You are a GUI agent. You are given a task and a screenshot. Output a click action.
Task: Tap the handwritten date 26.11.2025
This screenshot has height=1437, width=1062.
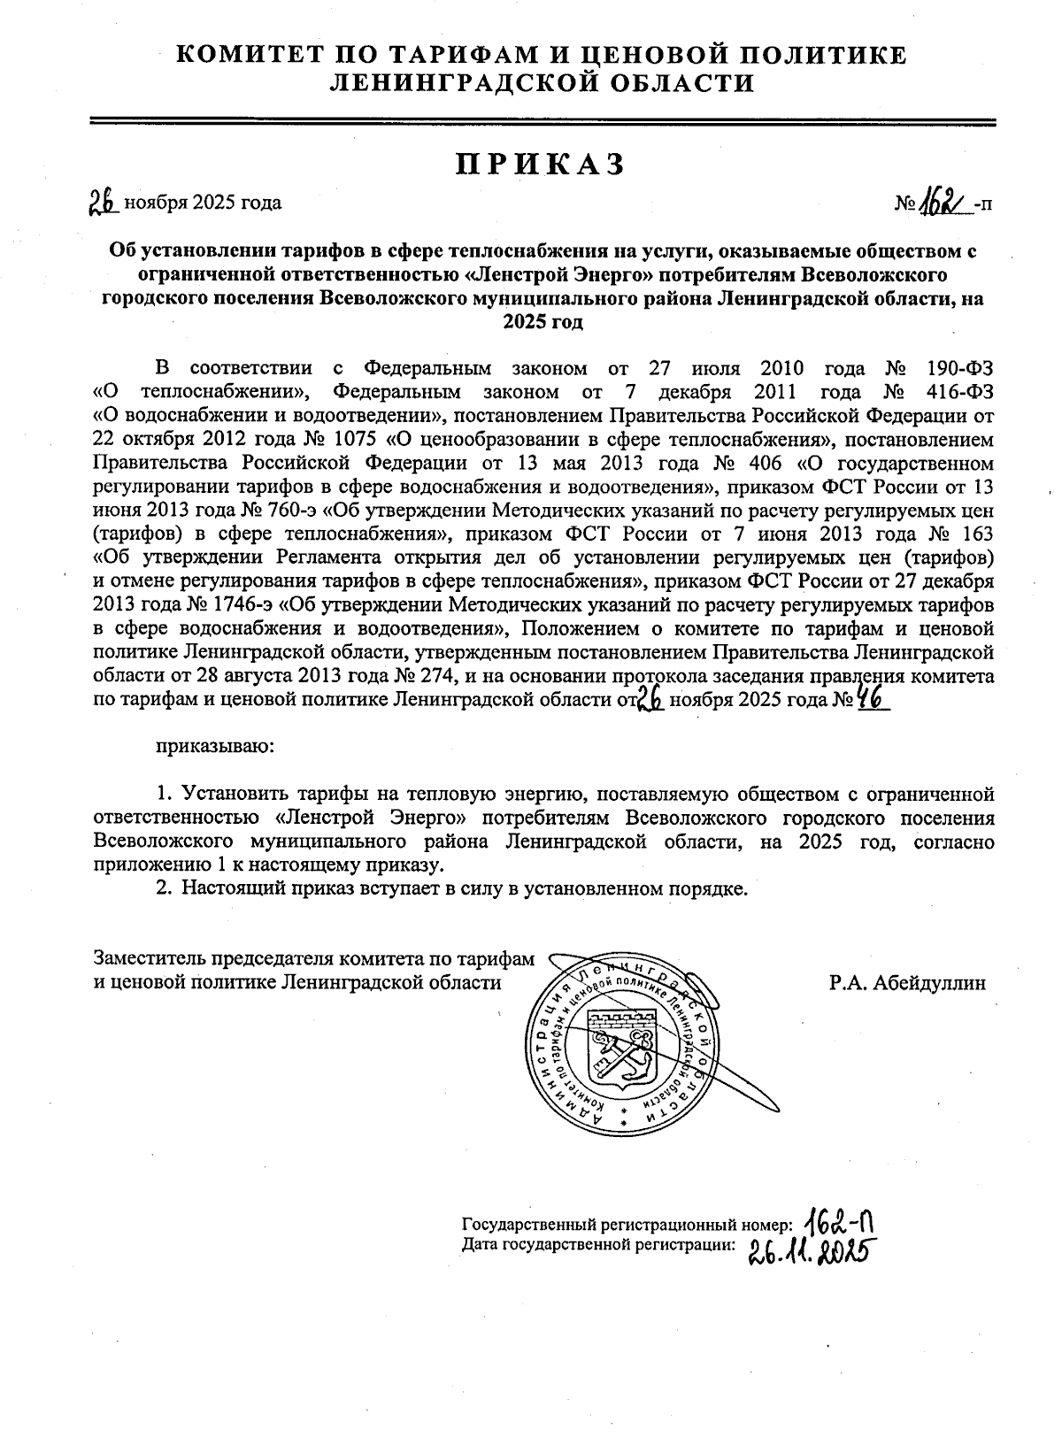(x=806, y=1252)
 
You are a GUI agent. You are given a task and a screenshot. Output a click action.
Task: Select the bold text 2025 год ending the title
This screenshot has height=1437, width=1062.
(x=543, y=323)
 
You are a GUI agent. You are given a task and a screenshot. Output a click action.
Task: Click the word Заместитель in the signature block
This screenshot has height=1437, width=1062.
(x=147, y=958)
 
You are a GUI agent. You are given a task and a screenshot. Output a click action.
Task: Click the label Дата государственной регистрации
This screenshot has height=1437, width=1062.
(x=599, y=1245)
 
